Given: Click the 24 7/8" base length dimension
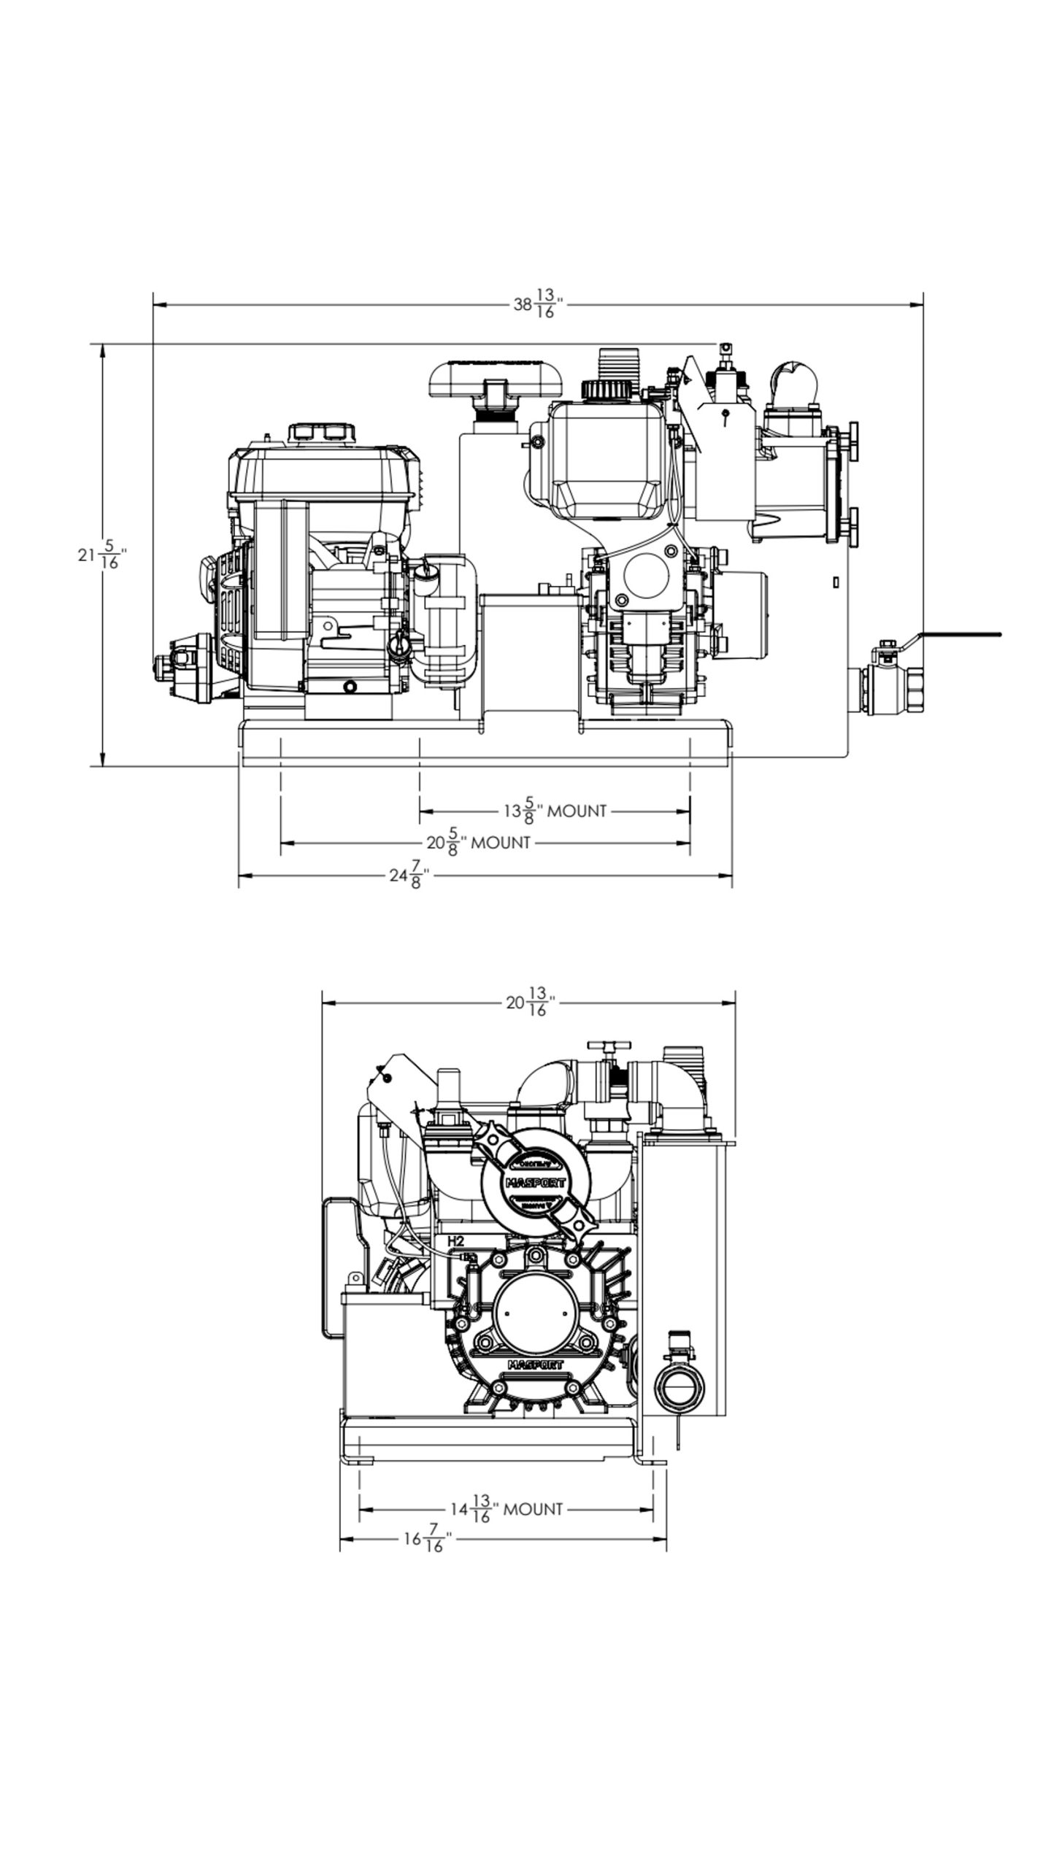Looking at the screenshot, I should tap(408, 875).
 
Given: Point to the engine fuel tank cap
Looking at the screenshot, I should tap(322, 432).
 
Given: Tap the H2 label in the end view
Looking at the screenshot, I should tap(455, 1241).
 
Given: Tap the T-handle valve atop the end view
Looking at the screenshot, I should tap(605, 1048).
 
